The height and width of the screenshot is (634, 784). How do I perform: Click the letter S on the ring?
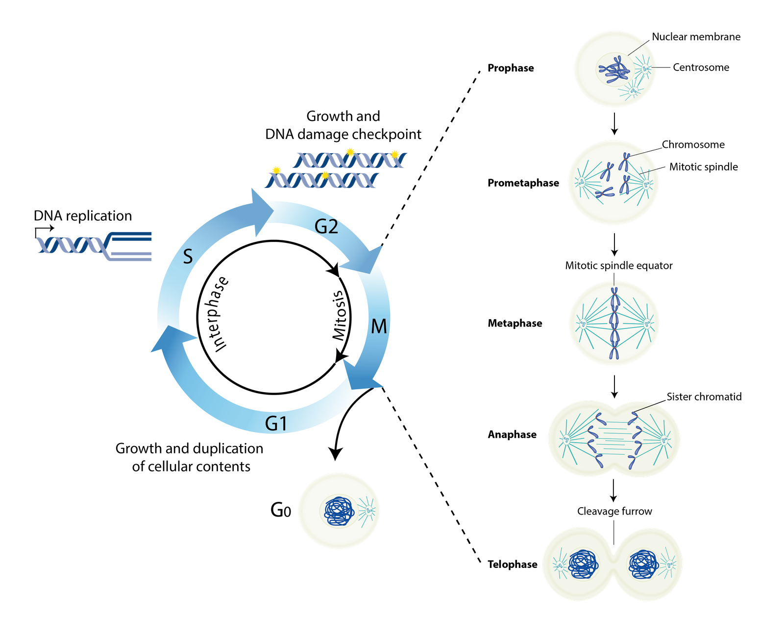click(188, 257)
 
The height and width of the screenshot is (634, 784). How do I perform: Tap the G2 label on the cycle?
click(326, 227)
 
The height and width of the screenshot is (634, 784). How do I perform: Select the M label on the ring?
click(379, 327)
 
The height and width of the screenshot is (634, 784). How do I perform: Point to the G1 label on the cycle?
click(276, 423)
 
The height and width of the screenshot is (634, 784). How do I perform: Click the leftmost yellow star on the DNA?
click(276, 170)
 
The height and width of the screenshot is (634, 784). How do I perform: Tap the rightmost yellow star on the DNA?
click(395, 154)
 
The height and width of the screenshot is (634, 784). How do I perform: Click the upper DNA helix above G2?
click(349, 160)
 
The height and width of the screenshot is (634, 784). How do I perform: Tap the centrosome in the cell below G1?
click(368, 511)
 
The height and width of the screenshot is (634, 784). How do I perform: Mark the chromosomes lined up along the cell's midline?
click(614, 323)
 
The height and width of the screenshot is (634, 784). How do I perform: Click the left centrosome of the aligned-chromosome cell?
click(583, 323)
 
